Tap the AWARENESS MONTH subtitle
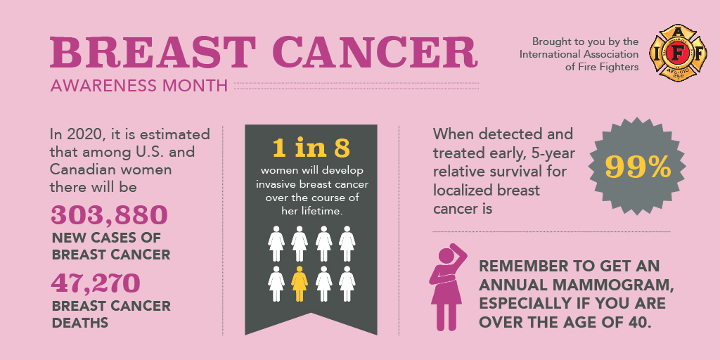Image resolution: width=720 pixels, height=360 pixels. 139,85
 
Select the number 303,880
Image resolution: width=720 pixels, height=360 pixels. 109,215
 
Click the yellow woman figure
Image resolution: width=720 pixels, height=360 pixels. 300,284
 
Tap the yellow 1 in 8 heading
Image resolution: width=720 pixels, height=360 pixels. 311,148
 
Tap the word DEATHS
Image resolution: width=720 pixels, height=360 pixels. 80,322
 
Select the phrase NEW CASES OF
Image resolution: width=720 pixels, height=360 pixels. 106,238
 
